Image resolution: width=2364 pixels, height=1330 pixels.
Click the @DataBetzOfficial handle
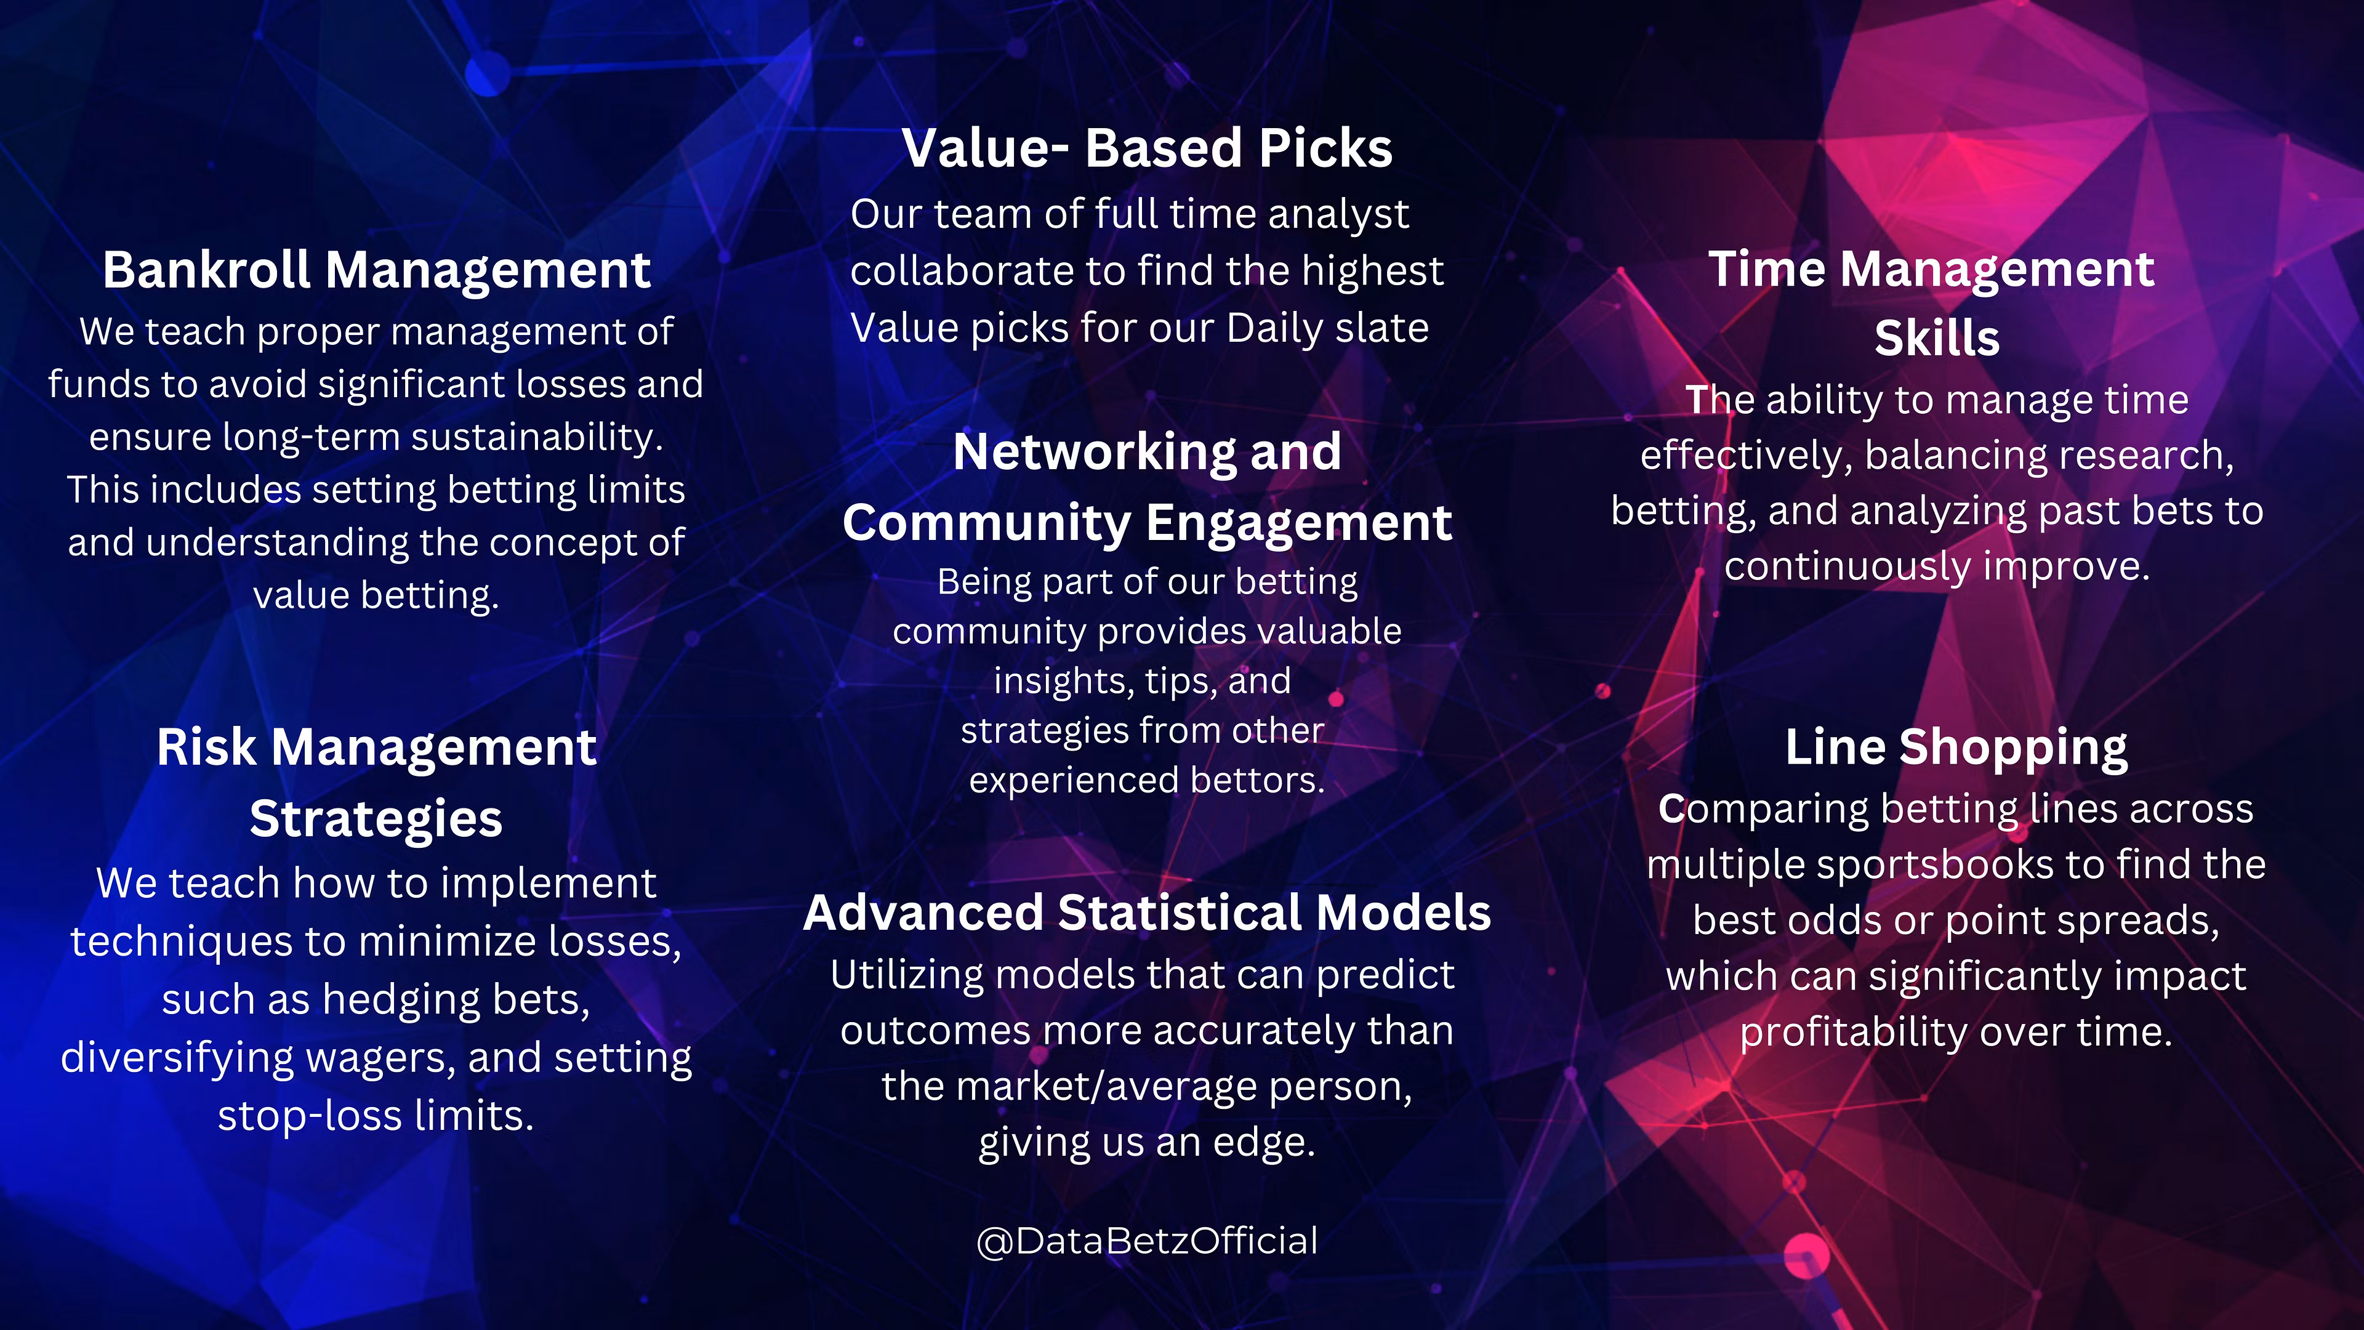1147,1241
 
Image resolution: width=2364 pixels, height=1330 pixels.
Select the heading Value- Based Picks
1147,148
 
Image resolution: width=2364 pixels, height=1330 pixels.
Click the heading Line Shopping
1956,748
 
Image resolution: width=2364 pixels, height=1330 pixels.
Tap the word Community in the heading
986,523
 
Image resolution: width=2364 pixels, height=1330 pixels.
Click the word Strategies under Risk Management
376,819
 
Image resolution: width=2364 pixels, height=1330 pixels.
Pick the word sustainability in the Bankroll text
537,437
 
